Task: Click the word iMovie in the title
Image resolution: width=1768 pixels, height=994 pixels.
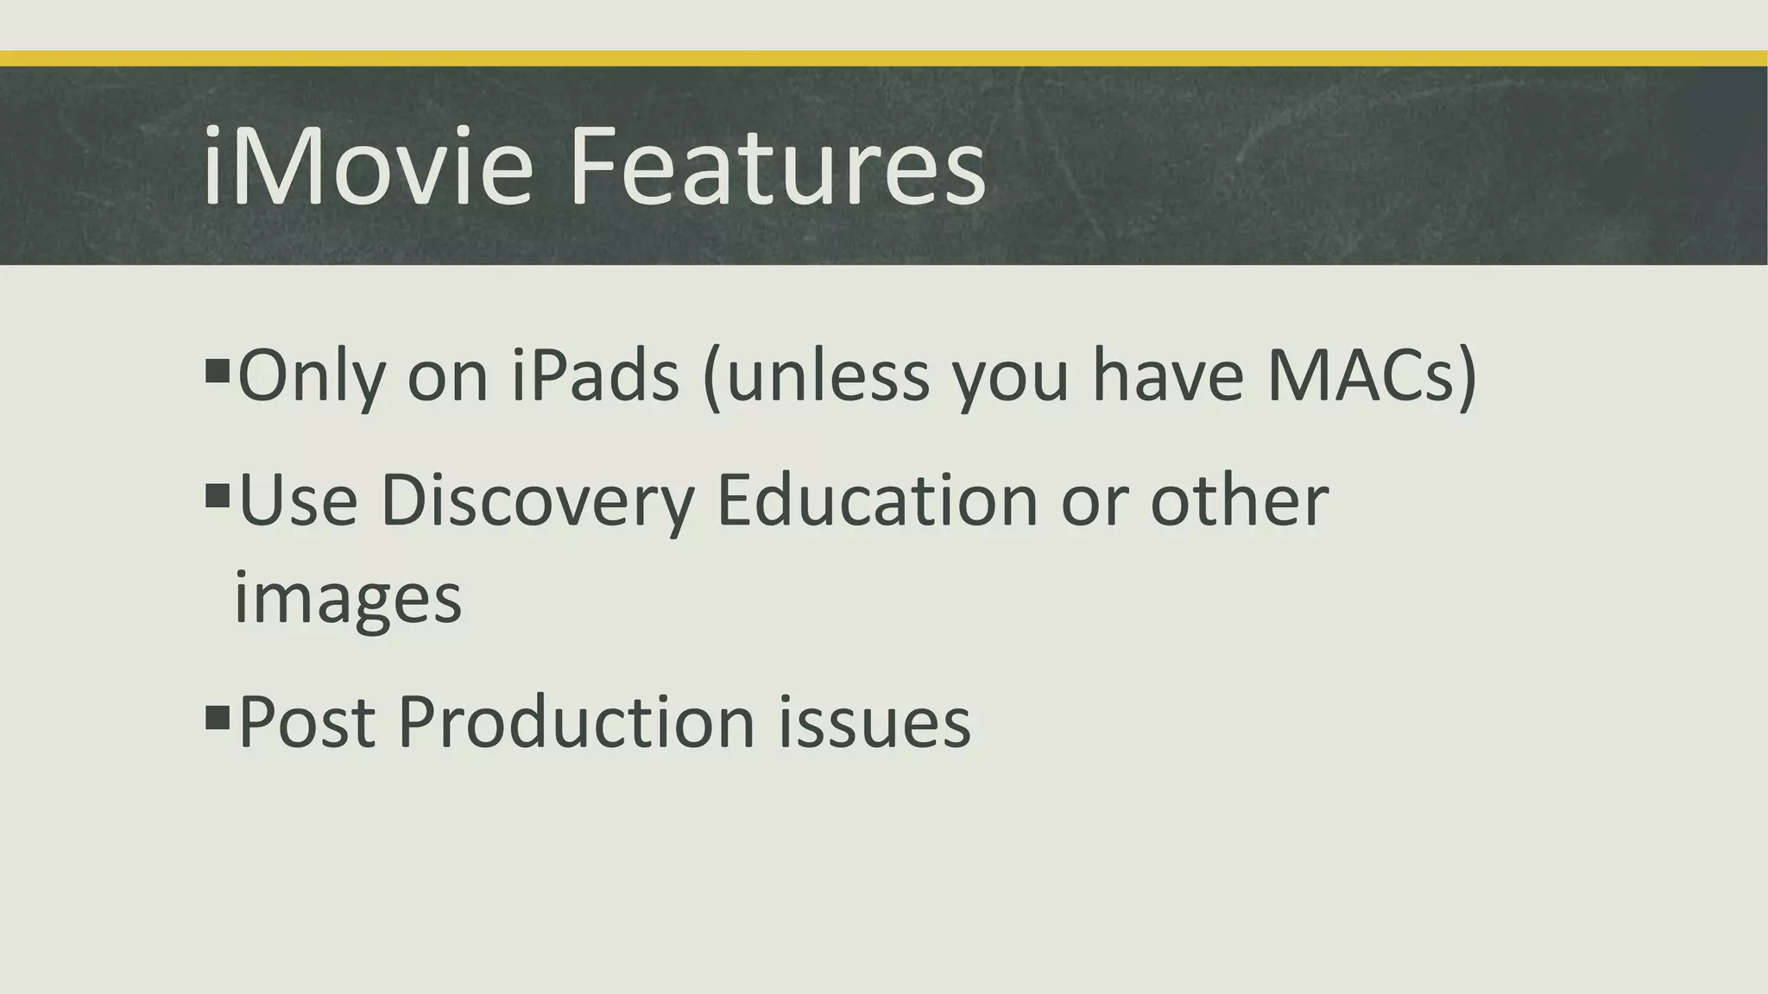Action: pos(368,167)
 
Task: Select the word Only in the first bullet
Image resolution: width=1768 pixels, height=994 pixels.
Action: pos(311,377)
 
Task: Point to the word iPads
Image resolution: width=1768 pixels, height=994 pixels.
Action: pos(595,377)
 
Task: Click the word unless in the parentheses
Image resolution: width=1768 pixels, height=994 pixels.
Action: pos(829,377)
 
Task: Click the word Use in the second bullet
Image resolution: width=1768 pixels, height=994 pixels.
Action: pos(298,501)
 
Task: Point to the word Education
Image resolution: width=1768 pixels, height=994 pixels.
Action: pos(876,501)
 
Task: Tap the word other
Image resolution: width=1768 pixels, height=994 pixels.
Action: pos(1239,501)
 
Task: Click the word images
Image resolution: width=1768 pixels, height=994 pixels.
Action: pos(348,599)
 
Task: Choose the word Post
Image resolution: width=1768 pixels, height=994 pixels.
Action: pos(306,722)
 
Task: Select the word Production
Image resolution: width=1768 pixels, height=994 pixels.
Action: pos(577,722)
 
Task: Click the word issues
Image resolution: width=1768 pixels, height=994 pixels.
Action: pos(875,722)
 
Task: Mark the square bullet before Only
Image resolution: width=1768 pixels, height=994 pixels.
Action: pos(218,371)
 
